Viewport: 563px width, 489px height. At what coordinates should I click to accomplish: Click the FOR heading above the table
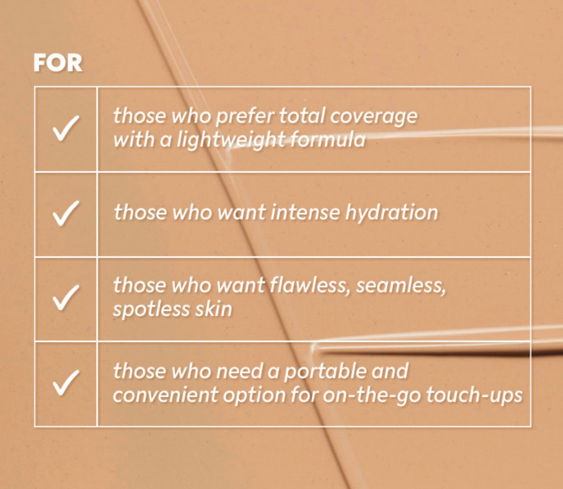click(x=58, y=63)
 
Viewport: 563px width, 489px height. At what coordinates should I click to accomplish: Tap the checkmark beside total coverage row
click(x=66, y=128)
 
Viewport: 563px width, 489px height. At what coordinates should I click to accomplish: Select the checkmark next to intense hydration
click(x=66, y=214)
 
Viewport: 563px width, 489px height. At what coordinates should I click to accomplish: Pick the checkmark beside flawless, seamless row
click(x=66, y=297)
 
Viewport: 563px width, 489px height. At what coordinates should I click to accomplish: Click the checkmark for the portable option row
click(x=66, y=382)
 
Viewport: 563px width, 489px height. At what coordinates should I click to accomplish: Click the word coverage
click(x=374, y=117)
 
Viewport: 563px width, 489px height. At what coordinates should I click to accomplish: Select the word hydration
click(x=392, y=213)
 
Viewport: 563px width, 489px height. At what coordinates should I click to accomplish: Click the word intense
click(x=305, y=213)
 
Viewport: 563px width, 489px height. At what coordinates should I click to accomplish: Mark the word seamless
click(x=401, y=286)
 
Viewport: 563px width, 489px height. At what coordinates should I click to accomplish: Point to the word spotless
click(x=151, y=310)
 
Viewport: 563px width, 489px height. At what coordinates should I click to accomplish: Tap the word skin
click(x=214, y=309)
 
